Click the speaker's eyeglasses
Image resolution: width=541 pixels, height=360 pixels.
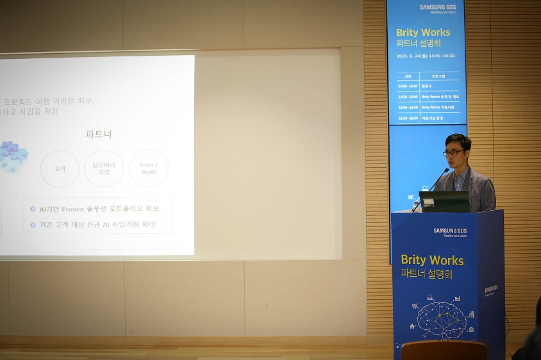(453, 152)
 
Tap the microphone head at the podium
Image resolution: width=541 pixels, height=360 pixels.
(447, 170)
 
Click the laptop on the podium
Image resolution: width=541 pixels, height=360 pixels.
(444, 202)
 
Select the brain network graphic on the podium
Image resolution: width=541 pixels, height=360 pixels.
(442, 319)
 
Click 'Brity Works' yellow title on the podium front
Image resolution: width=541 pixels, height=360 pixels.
(432, 260)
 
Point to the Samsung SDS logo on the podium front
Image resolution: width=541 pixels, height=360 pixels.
(450, 231)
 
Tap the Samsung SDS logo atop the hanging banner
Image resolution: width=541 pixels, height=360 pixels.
(438, 8)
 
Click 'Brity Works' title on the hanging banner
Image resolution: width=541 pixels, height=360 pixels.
(423, 32)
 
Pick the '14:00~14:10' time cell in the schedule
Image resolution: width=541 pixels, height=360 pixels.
(407, 86)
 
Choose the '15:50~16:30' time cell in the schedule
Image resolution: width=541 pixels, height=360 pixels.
(407, 118)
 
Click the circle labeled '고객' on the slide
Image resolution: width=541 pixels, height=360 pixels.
(60, 169)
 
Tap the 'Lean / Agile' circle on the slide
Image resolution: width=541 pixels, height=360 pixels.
(148, 168)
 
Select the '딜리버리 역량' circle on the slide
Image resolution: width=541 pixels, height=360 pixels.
(104, 168)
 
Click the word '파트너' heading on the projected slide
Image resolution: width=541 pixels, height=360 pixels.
(99, 135)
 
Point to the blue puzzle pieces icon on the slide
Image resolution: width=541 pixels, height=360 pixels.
(13, 156)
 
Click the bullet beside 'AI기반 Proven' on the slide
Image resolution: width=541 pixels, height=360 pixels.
(33, 209)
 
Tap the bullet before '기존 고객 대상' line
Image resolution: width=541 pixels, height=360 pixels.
(33, 225)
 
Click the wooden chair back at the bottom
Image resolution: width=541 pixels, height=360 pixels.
(443, 350)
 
